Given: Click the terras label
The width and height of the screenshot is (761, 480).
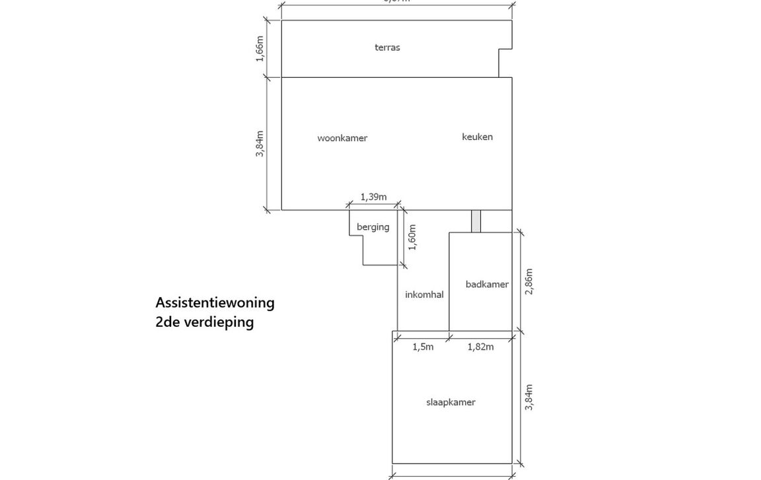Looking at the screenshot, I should pos(387,48).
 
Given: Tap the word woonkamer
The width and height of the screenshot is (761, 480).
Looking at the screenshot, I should pos(342,138).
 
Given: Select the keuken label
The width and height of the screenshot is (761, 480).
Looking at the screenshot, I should pos(477,137).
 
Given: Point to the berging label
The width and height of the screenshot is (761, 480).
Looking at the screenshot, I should pos(373,227).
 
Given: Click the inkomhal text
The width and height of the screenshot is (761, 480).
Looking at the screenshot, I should pos(424,294).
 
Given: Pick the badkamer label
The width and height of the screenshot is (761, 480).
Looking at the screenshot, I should pos(487,285).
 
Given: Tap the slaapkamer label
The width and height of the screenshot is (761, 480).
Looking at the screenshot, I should pos(451,402).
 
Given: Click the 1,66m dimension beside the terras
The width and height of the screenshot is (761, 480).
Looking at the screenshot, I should pos(260,49).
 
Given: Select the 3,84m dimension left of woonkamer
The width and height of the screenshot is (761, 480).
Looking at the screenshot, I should pos(260,143).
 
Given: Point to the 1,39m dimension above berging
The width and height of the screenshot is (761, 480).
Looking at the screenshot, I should pos(373,197).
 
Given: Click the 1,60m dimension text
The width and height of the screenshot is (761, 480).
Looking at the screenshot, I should pos(412,238).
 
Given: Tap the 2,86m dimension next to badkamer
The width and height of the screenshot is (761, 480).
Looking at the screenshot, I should pos(528,281).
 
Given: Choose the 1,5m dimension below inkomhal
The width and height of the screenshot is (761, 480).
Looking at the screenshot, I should pos(423,347).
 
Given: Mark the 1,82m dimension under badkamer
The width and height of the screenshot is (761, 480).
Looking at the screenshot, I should pos(480,347).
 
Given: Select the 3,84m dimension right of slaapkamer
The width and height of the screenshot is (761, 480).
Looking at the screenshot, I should pos(528,397).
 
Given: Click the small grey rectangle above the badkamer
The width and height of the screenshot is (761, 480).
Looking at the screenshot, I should pos(476,221).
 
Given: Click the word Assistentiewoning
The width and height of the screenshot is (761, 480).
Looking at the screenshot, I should pos(215,302).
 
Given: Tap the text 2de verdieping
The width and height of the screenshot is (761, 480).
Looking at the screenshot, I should pos(204,322).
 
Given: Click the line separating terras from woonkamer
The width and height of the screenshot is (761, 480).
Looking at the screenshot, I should pos(390,77).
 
